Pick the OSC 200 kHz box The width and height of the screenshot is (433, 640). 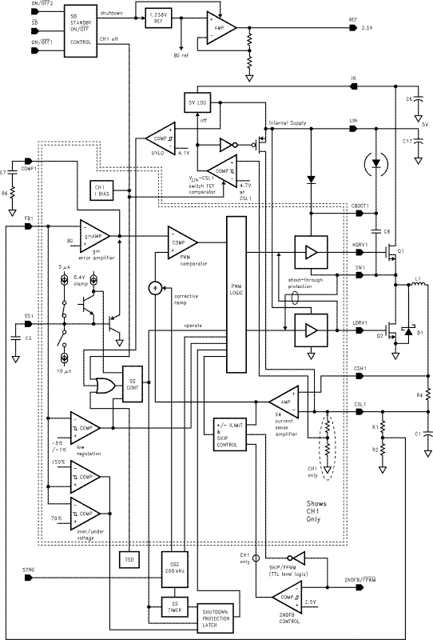[x=174, y=564]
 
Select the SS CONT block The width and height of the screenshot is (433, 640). [x=130, y=381]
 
